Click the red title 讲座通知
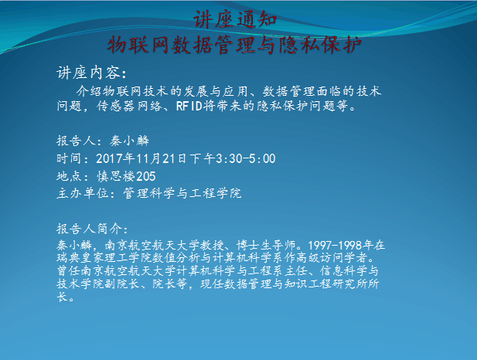click(235, 19)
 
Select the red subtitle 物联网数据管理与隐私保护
click(234, 45)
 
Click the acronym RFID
click(189, 106)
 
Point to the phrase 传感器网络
click(129, 106)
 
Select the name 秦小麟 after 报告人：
click(130, 141)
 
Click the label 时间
click(70, 158)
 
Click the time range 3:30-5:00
click(246, 158)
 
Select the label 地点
click(70, 176)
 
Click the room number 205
click(145, 176)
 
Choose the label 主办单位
click(83, 193)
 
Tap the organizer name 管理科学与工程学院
click(182, 193)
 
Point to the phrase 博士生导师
click(266, 245)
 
